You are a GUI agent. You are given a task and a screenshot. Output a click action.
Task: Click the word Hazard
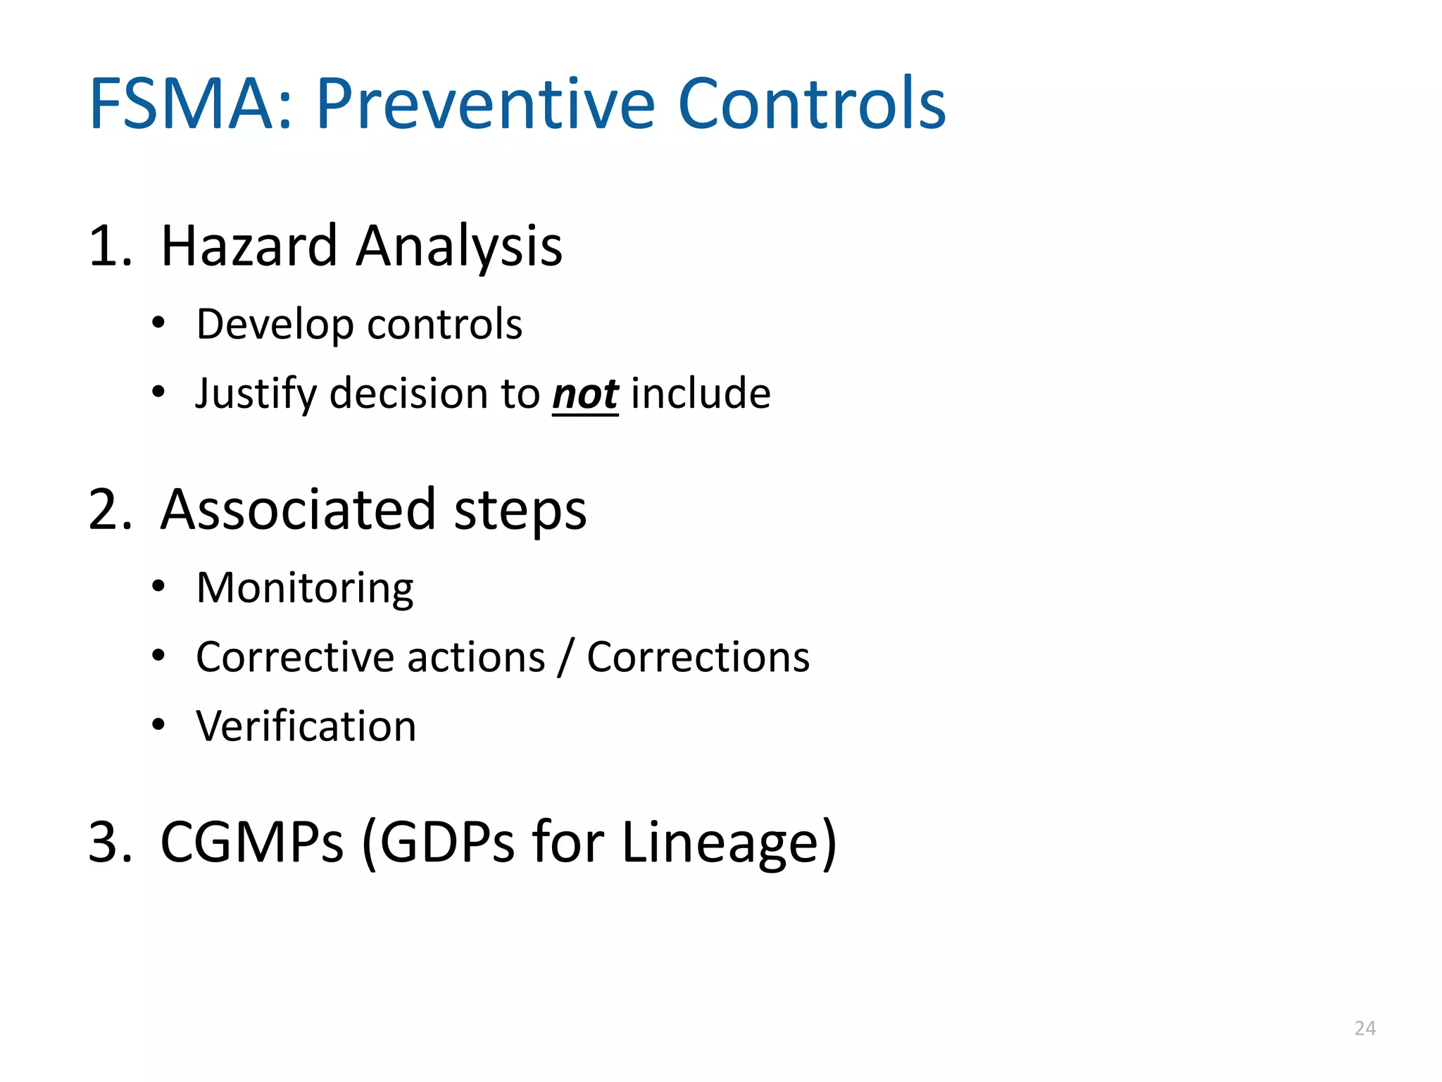[249, 246]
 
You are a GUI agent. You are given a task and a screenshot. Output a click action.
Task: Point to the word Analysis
[459, 246]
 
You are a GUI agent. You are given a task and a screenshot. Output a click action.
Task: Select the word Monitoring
[305, 587]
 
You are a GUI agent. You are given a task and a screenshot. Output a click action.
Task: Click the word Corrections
[698, 657]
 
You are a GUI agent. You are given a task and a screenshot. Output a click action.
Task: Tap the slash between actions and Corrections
[565, 657]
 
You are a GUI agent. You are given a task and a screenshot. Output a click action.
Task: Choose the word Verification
[306, 726]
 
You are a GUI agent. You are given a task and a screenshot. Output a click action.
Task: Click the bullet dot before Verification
[158, 724]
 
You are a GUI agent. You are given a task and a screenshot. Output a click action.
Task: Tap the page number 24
[1365, 1028]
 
